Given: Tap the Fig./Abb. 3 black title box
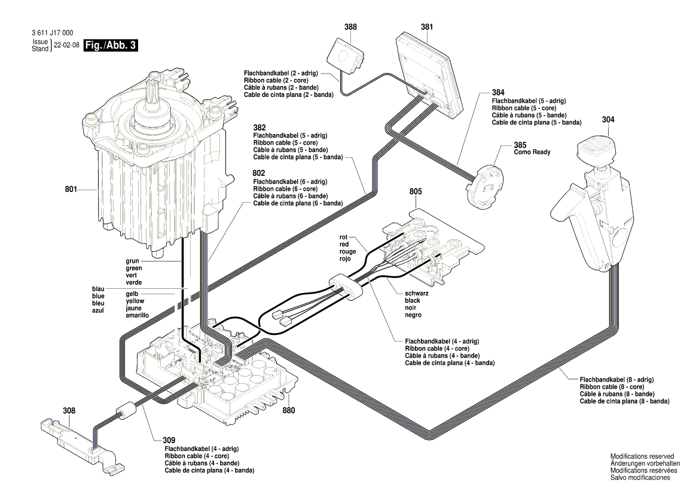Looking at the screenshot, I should tap(111, 46).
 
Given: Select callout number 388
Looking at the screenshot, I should tap(350, 27).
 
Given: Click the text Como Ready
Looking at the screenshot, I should tap(532, 152).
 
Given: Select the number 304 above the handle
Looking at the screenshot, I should tap(608, 120).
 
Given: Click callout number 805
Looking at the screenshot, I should tap(416, 192).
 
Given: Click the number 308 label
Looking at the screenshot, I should tap(69, 411).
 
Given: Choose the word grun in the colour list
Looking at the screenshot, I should tap(133, 261).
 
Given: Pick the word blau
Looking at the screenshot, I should tap(98, 288).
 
